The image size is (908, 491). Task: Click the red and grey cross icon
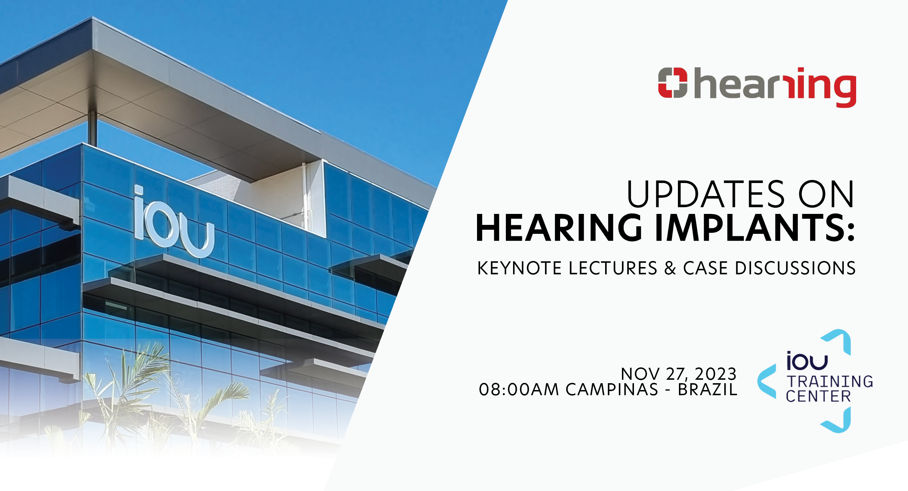tap(672, 82)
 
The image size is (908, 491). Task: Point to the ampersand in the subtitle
tap(670, 268)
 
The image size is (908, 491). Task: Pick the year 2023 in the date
tap(716, 374)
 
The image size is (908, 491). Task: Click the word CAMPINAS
tap(612, 389)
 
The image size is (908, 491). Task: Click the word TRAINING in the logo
tap(830, 382)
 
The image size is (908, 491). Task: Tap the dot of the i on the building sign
tap(138, 191)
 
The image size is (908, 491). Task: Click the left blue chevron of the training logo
tap(767, 382)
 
